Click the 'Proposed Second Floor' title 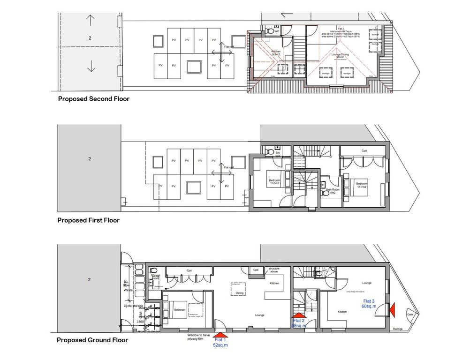93,99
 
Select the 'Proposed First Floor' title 88,220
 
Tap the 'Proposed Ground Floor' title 92,340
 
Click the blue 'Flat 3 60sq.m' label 369,303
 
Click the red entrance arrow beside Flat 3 392,309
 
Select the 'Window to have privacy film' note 195,337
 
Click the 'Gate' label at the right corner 409,315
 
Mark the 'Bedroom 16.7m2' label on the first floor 362,185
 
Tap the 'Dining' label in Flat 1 239,293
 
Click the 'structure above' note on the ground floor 274,270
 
